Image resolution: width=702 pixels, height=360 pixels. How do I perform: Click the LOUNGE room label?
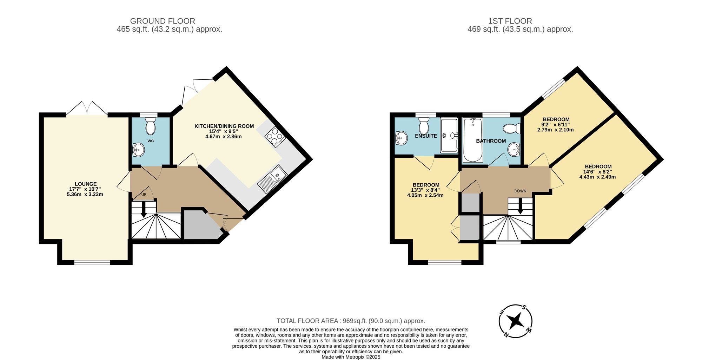tap(85, 184)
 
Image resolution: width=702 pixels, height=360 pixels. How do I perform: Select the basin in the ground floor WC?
tap(138, 150)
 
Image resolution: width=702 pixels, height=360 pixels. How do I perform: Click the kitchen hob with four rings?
tap(275, 137)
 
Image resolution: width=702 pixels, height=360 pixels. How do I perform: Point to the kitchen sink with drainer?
tap(273, 179)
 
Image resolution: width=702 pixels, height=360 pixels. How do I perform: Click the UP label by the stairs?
tap(144, 195)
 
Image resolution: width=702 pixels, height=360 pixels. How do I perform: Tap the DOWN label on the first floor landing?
tap(520, 191)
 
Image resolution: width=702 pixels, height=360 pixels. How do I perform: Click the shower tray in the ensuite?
tap(449, 136)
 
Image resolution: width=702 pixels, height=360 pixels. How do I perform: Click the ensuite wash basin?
tap(401, 138)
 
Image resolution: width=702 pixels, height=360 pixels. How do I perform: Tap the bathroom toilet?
tap(511, 129)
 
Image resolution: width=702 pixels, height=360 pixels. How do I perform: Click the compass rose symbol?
tap(515, 321)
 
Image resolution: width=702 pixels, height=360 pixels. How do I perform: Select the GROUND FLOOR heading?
tap(162, 21)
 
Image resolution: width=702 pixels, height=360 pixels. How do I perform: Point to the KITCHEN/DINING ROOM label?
tap(224, 126)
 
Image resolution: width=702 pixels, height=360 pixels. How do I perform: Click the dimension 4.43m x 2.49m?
tap(597, 177)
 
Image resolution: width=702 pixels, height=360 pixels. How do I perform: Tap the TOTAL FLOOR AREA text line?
tap(351, 321)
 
